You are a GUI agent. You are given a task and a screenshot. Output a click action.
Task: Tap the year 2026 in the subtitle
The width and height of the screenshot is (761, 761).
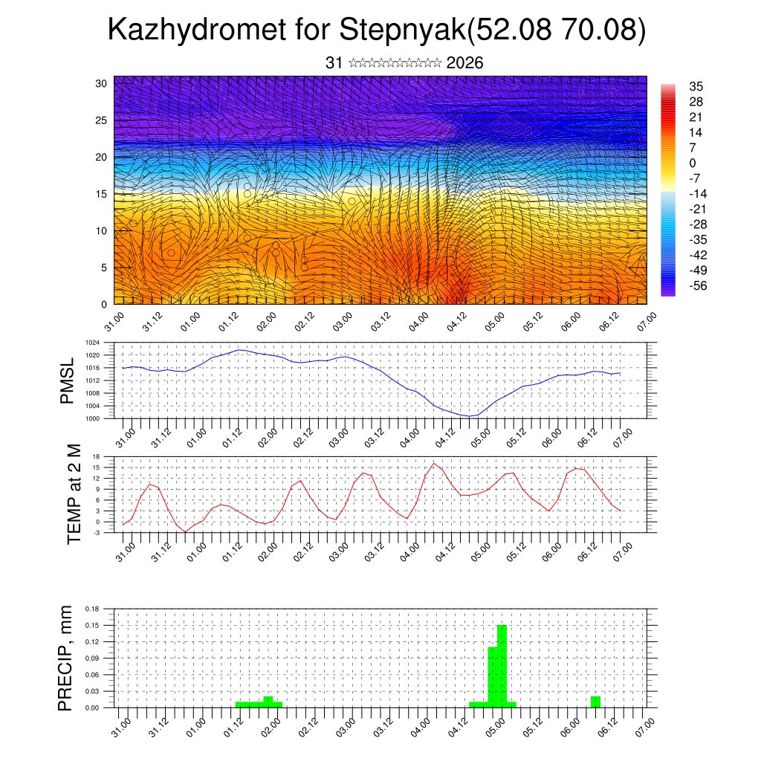point(465,63)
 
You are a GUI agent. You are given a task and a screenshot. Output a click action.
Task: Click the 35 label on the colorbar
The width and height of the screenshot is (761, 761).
point(696,86)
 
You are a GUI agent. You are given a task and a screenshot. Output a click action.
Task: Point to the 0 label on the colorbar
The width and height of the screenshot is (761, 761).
point(693,163)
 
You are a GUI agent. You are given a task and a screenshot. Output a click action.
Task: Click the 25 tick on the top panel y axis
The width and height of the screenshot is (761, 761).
point(100,120)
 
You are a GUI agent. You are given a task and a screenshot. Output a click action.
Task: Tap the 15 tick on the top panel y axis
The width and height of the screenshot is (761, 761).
point(100,194)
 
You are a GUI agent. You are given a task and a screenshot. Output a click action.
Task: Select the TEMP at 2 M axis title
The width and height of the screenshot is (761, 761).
point(74,493)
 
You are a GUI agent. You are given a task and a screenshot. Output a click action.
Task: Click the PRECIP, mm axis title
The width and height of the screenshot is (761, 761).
point(65,658)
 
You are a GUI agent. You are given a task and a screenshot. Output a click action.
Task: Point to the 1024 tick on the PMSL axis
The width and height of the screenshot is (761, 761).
point(93,343)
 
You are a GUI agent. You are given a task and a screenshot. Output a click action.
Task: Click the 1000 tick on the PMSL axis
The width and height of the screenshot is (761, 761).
point(93,418)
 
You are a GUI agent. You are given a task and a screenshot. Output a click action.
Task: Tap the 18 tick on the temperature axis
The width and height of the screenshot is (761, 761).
point(97,456)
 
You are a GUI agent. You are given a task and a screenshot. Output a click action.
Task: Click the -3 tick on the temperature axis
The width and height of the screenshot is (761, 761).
point(97,532)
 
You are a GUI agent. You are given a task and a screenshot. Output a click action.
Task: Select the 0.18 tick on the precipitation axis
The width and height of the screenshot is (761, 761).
point(91,609)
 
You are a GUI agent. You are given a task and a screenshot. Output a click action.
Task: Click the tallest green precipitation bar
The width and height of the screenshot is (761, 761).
point(502,665)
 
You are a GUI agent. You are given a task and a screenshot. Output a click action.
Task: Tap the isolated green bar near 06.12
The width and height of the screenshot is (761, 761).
point(595,702)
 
